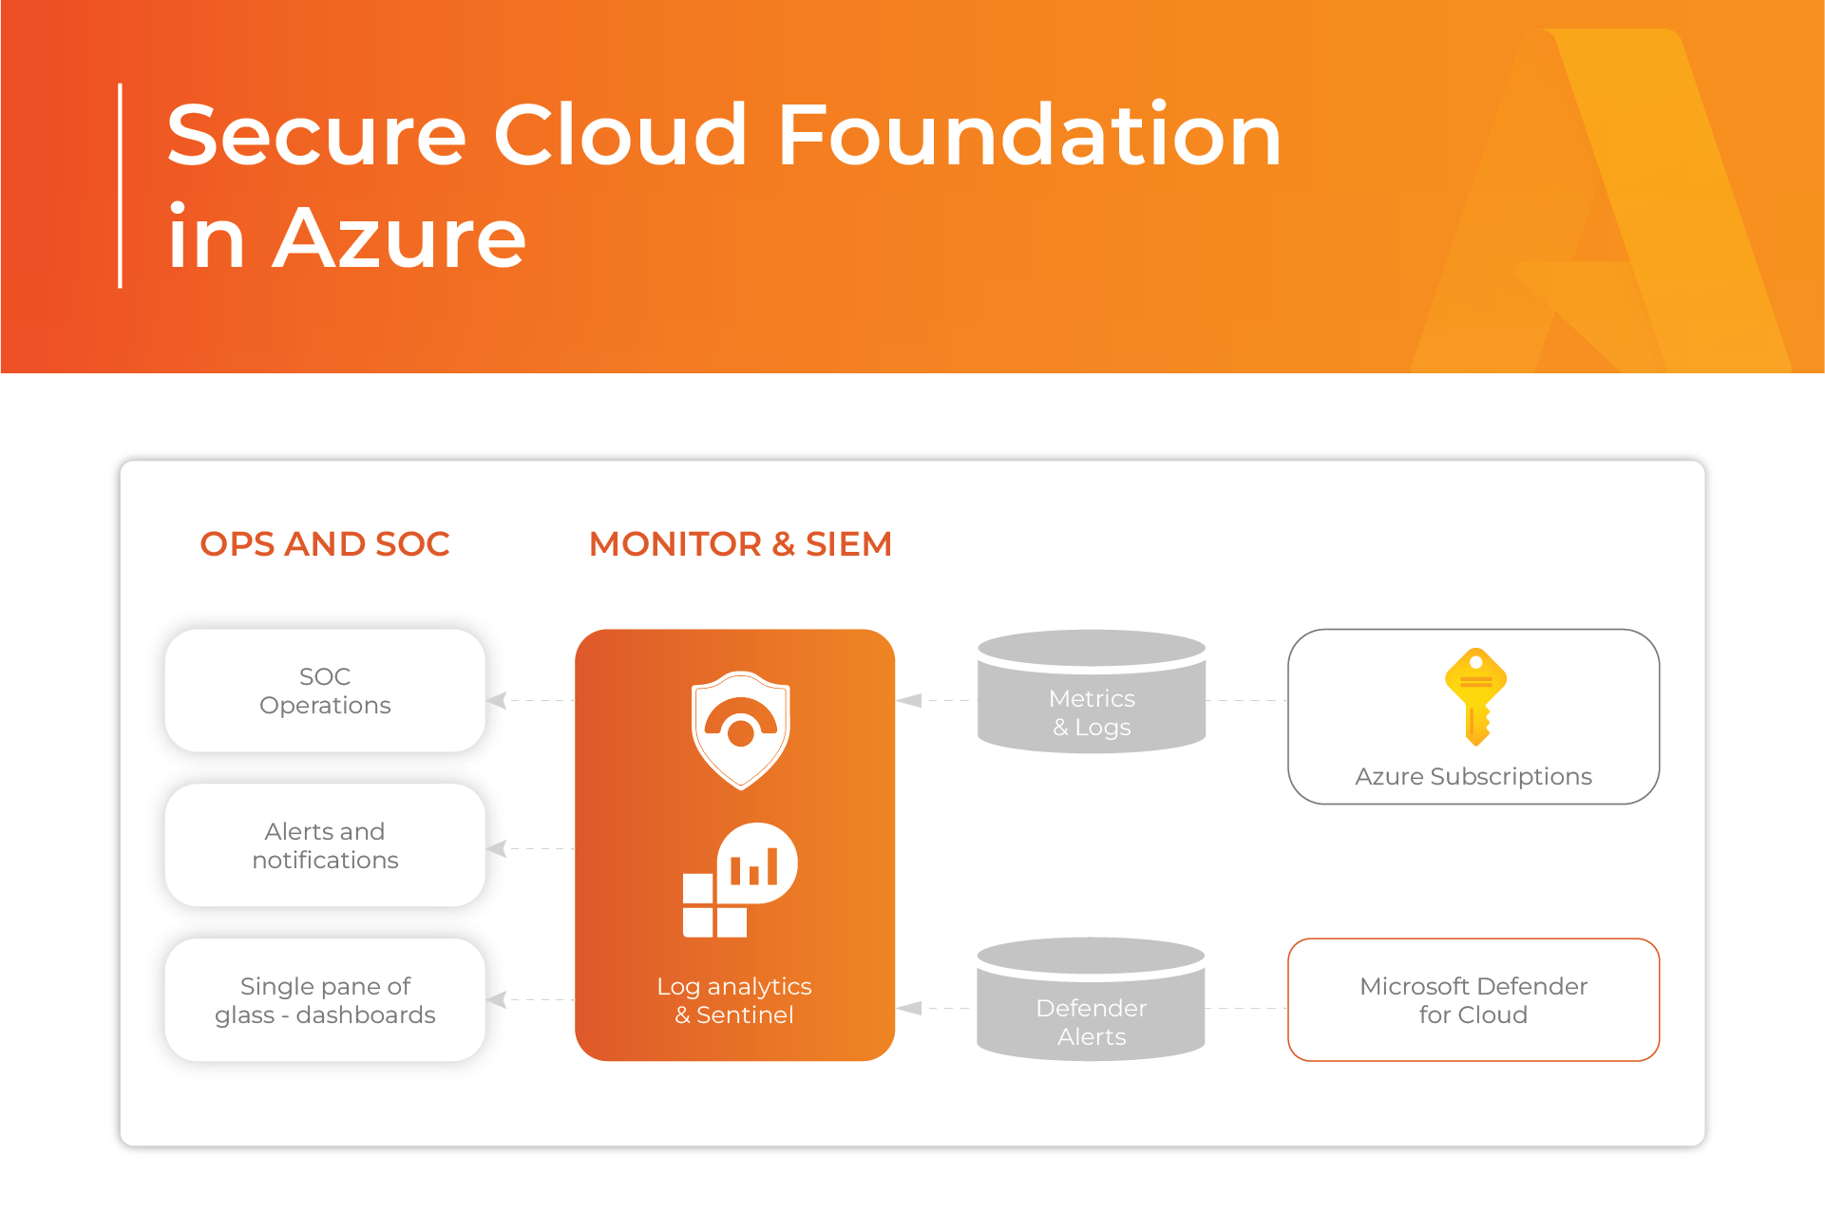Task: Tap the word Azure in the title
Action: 399,237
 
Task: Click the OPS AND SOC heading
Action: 324,544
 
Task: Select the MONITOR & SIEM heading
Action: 740,544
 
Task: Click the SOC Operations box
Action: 325,691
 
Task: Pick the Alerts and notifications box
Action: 325,845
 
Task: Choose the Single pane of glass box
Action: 325,1000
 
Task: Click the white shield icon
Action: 740,730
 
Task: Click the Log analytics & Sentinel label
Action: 734,1000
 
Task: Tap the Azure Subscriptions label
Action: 1473,776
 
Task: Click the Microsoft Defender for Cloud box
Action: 1473,1000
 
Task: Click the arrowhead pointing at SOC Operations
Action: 496,701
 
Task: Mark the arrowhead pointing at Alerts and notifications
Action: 496,848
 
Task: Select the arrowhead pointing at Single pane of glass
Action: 496,999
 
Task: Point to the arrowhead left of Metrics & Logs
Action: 909,701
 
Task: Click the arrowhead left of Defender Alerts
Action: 909,1008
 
